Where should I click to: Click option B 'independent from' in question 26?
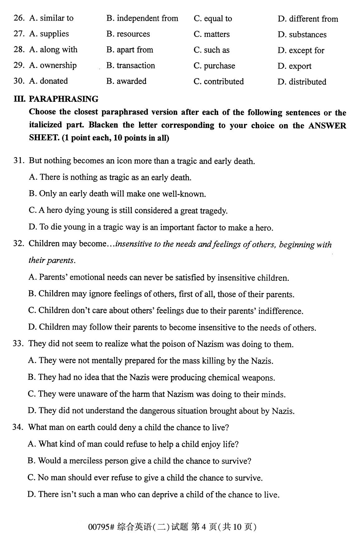tap(142, 19)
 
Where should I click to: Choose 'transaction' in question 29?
tap(136, 66)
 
